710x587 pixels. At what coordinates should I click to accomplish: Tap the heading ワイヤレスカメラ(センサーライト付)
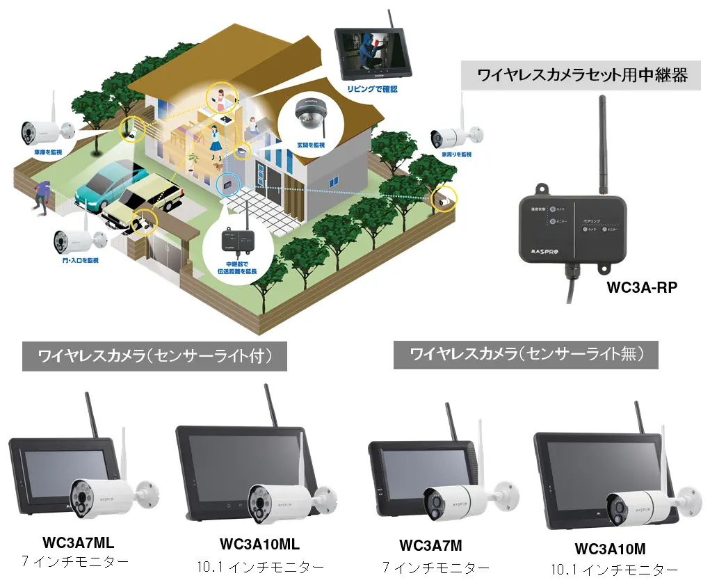154,357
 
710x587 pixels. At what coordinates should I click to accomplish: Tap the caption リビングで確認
373,90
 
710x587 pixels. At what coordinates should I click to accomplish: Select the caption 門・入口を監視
76,260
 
